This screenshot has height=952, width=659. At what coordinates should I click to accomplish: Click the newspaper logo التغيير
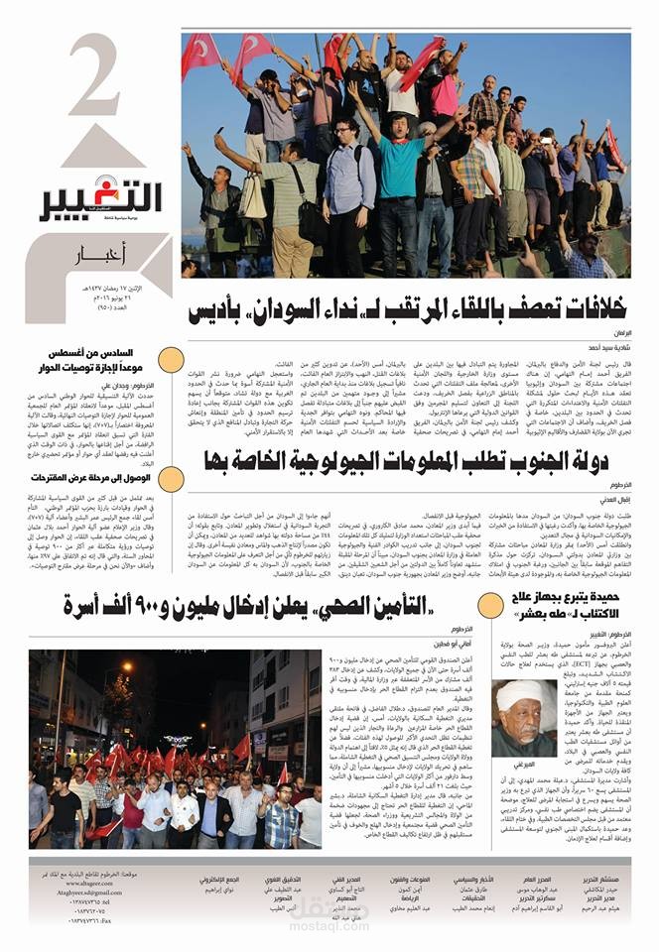click(101, 197)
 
